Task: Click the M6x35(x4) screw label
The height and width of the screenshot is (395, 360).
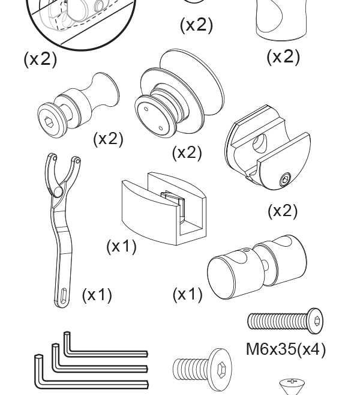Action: click(x=286, y=349)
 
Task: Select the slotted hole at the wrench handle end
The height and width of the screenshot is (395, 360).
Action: click(x=64, y=295)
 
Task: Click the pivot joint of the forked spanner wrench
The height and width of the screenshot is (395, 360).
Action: click(x=57, y=191)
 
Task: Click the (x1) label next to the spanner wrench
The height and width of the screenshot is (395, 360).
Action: click(x=97, y=295)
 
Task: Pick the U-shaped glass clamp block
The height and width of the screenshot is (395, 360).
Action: click(x=164, y=209)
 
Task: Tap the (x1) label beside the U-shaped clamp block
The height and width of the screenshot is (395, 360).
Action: click(x=121, y=246)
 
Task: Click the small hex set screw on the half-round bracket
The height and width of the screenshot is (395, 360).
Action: click(x=285, y=179)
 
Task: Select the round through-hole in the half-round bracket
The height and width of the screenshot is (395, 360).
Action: click(x=260, y=143)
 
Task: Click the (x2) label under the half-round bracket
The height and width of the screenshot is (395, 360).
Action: click(x=283, y=211)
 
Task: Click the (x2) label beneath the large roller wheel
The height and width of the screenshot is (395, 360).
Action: click(x=187, y=152)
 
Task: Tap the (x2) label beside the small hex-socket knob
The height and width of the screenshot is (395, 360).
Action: click(x=108, y=139)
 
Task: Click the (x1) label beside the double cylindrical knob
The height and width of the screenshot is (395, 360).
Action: click(x=188, y=294)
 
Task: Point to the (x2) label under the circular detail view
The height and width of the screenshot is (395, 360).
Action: click(x=40, y=59)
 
